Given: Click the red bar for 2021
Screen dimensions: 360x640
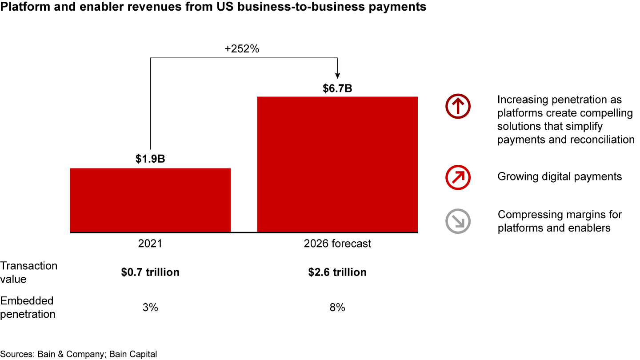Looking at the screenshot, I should pyautogui.click(x=150, y=200).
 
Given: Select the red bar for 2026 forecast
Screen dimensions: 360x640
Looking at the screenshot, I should pyautogui.click(x=337, y=164).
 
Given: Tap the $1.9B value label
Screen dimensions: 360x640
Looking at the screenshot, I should pyautogui.click(x=150, y=159).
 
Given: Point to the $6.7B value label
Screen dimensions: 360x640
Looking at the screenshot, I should pyautogui.click(x=337, y=88).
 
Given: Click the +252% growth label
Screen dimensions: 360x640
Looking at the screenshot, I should pyautogui.click(x=242, y=49).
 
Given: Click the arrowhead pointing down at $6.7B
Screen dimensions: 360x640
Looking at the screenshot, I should pyautogui.click(x=338, y=76).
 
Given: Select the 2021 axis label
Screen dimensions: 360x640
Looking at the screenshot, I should pyautogui.click(x=150, y=244).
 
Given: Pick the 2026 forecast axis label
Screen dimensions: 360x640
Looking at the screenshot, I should pyautogui.click(x=337, y=244).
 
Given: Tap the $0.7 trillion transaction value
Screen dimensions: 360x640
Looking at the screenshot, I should pyautogui.click(x=150, y=272).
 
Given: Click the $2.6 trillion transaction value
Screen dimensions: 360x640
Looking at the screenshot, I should pyautogui.click(x=337, y=272).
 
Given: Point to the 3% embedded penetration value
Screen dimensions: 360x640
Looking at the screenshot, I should pyautogui.click(x=150, y=308).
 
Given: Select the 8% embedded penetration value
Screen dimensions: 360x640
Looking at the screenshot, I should pyautogui.click(x=337, y=308).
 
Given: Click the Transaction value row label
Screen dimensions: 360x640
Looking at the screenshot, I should pyautogui.click(x=29, y=272).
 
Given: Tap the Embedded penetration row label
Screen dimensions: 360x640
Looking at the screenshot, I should pyautogui.click(x=28, y=308).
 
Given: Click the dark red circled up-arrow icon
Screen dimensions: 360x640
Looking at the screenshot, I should pyautogui.click(x=458, y=107).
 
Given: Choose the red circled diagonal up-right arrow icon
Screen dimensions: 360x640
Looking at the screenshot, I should pyautogui.click(x=458, y=177).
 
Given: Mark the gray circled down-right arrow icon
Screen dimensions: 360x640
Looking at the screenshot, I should pyautogui.click(x=458, y=221).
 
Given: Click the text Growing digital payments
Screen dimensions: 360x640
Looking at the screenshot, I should pyautogui.click(x=560, y=176).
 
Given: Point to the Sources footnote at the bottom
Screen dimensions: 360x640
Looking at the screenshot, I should pyautogui.click(x=79, y=354).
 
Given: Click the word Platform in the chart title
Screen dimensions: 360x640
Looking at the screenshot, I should pyautogui.click(x=22, y=8).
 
